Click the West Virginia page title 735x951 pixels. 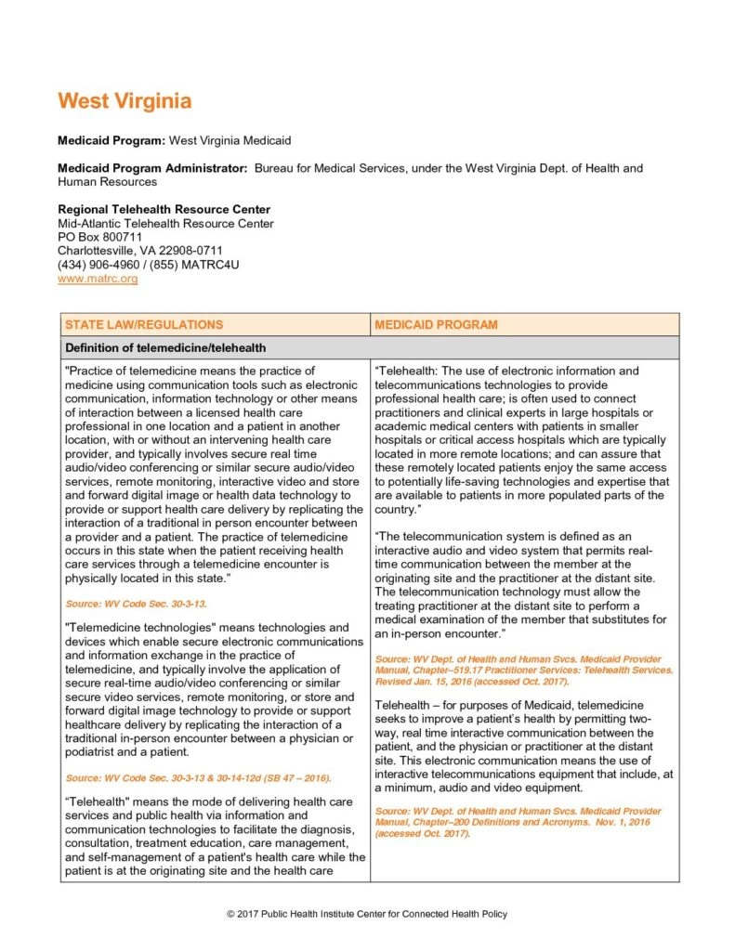pos(125,100)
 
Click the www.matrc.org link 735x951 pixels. pos(98,278)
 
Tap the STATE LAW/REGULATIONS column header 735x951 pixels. pos(144,325)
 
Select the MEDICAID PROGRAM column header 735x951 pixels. pos(436,325)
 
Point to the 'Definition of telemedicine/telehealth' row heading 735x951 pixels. pos(165,348)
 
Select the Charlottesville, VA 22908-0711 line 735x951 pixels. pos(140,251)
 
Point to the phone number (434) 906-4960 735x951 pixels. pos(101,265)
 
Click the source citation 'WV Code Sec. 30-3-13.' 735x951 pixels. pos(136,604)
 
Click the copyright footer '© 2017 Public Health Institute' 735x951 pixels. pos(367,915)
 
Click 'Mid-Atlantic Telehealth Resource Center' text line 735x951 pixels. pos(165,223)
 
